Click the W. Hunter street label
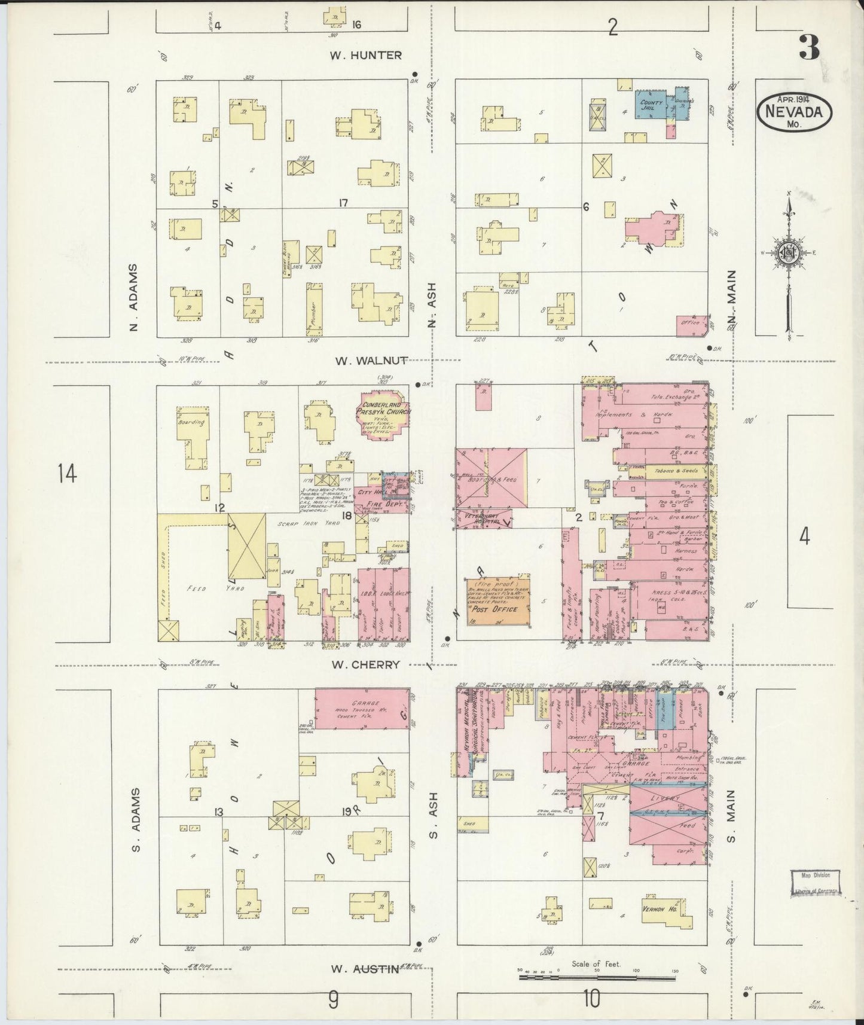pyautogui.click(x=366, y=55)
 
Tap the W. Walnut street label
pyautogui.click(x=371, y=361)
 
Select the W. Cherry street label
pyautogui.click(x=366, y=664)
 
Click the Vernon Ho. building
pyautogui.click(x=667, y=911)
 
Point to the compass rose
pyautogui.click(x=789, y=253)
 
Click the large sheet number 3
pyautogui.click(x=809, y=47)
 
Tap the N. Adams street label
pyautogui.click(x=133, y=297)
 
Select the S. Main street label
pyautogui.click(x=732, y=816)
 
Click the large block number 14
pyautogui.click(x=67, y=474)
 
